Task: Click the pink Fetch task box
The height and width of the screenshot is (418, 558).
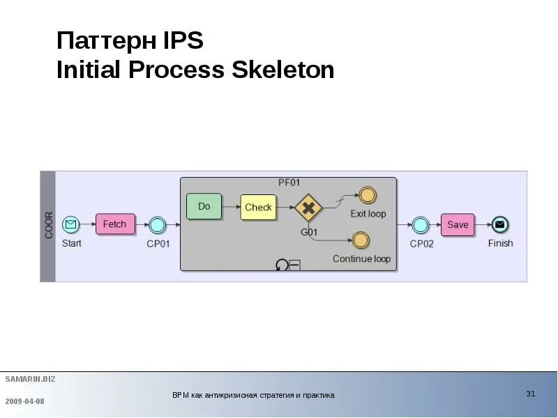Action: point(115,224)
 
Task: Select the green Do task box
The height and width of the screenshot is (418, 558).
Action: point(204,206)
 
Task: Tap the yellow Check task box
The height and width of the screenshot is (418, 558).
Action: point(258,207)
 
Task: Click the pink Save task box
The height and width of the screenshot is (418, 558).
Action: point(458,224)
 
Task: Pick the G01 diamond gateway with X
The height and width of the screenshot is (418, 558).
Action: point(307,208)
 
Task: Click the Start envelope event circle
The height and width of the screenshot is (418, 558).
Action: point(70,224)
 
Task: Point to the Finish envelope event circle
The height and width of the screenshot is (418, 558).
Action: point(499,224)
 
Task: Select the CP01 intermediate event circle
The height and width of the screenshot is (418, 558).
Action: point(158,224)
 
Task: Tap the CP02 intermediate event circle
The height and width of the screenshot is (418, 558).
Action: point(420,224)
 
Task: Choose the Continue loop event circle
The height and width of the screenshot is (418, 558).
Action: point(361,241)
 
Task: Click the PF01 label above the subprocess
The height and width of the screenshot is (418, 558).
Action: point(289,183)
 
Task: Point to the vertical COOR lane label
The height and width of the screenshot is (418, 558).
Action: point(48,226)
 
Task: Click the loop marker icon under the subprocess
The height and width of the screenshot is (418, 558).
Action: point(282,265)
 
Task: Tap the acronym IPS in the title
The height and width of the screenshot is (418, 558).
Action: point(183,40)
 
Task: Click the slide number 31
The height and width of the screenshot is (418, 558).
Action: point(530,394)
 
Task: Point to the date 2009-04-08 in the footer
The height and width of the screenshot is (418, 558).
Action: point(24,401)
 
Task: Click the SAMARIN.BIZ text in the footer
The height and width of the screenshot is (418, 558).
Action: point(30,379)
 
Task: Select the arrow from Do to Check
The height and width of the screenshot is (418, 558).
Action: point(231,207)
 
